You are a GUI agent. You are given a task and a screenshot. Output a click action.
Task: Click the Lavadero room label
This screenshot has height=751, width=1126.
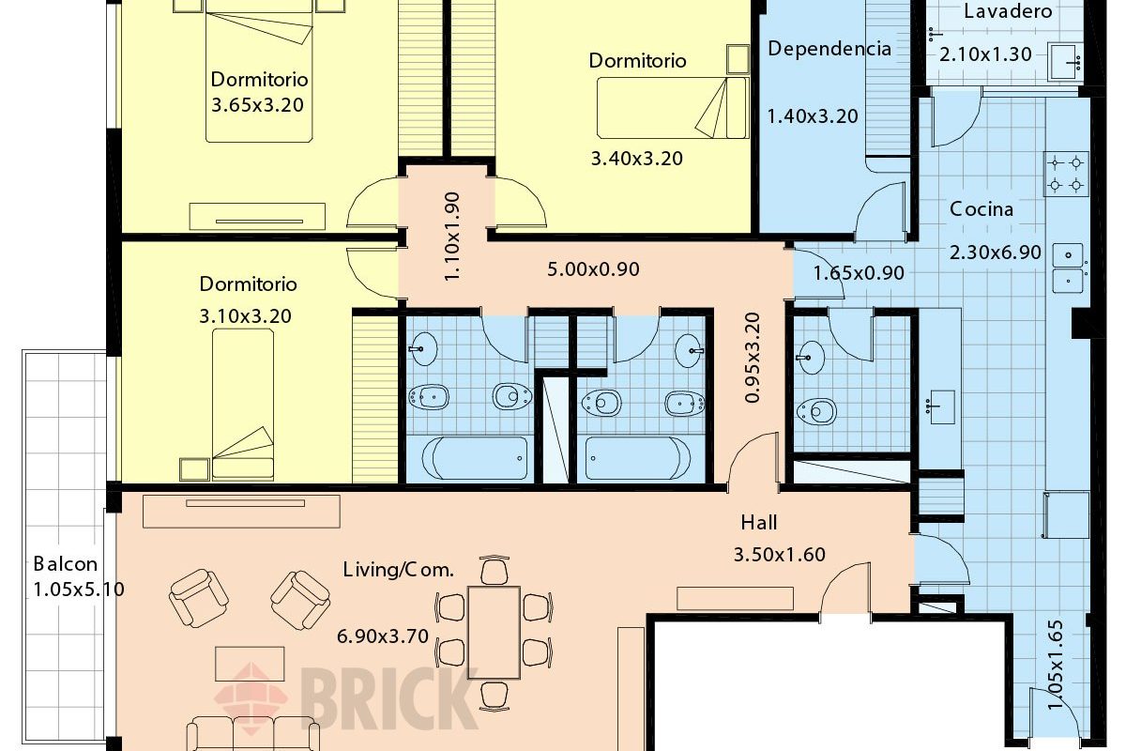pyautogui.click(x=1008, y=11)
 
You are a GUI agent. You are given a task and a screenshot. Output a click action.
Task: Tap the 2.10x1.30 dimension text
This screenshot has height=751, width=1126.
pyautogui.click(x=985, y=54)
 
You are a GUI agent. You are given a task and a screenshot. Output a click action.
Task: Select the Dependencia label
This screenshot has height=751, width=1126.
pyautogui.click(x=829, y=49)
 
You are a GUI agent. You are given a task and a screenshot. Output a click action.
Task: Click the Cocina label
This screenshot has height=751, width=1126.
pyautogui.click(x=981, y=209)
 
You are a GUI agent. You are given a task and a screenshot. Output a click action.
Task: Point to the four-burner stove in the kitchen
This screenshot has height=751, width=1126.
pyautogui.click(x=1066, y=174)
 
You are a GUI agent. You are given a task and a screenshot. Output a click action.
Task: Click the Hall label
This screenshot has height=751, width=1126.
pyautogui.click(x=758, y=523)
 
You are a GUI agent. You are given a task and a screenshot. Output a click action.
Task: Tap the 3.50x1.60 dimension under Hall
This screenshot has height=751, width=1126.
pyautogui.click(x=780, y=554)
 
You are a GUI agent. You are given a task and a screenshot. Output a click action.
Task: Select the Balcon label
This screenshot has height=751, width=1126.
pyautogui.click(x=66, y=564)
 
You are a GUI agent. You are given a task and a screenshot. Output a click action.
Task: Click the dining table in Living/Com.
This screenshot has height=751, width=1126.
pyautogui.click(x=494, y=633)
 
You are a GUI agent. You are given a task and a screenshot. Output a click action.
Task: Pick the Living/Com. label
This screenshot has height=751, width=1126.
pyautogui.click(x=399, y=570)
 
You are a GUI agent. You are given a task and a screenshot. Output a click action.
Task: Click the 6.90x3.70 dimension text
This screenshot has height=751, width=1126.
pyautogui.click(x=383, y=636)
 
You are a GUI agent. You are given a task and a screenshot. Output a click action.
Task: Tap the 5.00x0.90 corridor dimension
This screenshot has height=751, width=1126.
pyautogui.click(x=593, y=269)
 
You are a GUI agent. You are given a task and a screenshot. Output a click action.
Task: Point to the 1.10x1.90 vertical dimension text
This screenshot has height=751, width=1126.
pyautogui.click(x=452, y=237)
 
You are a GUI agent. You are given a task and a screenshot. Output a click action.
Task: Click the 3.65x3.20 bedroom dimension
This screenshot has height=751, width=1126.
pyautogui.click(x=257, y=105)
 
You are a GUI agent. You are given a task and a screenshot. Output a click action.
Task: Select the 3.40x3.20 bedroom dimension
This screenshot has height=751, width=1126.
pyautogui.click(x=636, y=159)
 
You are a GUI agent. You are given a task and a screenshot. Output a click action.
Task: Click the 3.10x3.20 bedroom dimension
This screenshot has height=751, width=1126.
pyautogui.click(x=245, y=316)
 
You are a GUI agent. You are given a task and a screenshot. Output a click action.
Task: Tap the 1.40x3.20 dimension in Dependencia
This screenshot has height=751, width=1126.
pyautogui.click(x=813, y=116)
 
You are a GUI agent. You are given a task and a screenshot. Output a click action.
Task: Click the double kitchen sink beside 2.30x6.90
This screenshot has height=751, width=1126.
pyautogui.click(x=1068, y=268)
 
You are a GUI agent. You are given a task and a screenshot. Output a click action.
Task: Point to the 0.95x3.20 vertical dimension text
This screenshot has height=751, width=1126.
pyautogui.click(x=753, y=358)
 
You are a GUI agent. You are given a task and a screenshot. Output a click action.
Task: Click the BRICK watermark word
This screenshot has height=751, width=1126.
pyautogui.click(x=389, y=699)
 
